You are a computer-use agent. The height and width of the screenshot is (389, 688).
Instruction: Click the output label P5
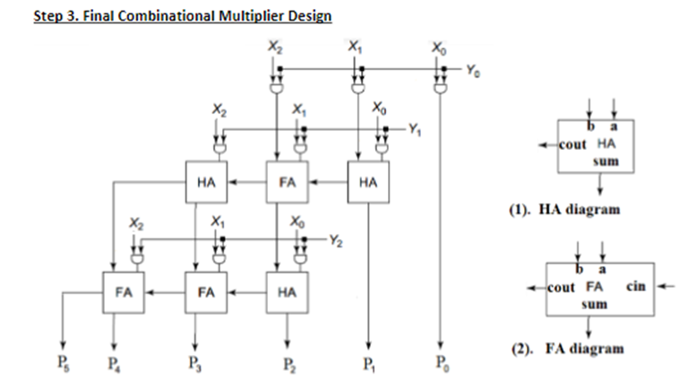(62, 363)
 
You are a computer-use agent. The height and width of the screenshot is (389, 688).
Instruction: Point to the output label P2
(286, 363)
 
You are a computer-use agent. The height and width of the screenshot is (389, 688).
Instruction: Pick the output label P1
(367, 363)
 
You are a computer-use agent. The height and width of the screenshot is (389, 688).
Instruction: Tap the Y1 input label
(414, 128)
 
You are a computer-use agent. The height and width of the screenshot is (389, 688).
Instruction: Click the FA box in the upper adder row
(288, 181)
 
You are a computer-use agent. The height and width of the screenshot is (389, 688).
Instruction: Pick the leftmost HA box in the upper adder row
(207, 181)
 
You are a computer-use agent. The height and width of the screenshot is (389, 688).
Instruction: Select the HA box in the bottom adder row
(288, 292)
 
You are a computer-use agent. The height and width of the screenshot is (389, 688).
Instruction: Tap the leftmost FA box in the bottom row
(125, 292)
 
